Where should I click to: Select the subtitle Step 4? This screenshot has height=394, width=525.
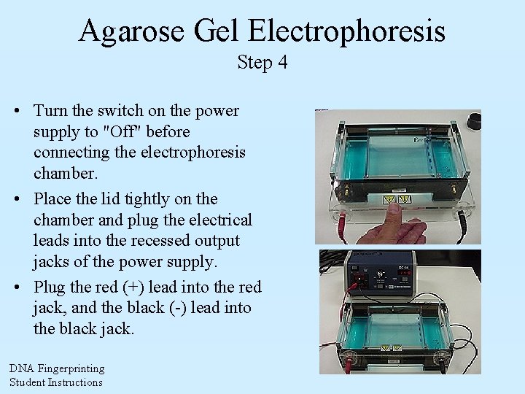(x=262, y=63)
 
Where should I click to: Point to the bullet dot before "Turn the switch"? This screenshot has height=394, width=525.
(x=16, y=111)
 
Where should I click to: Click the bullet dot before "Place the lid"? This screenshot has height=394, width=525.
(x=16, y=198)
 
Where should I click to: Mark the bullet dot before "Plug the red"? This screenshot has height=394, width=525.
(x=16, y=286)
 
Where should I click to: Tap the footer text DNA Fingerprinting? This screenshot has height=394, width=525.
(x=57, y=369)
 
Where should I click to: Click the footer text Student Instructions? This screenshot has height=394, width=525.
(x=56, y=382)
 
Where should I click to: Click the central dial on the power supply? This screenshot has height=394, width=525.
(x=384, y=275)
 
